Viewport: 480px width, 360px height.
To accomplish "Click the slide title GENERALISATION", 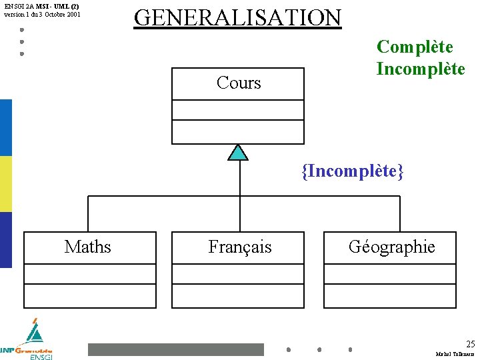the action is pos(237,17).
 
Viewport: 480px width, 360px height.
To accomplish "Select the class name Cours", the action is pos(239,83).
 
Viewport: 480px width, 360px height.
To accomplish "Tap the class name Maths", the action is pos(88,247).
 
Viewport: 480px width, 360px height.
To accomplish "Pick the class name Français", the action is pos(240,247).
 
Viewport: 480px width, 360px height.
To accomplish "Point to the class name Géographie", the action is pos(391,247).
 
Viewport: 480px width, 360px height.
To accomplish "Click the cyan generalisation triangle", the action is pos(238,153).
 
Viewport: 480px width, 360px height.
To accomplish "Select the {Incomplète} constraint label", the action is pos(353,171).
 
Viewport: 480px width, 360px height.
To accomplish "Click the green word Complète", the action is pos(415,47).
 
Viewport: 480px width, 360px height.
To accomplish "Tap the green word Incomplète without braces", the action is pos(421,69).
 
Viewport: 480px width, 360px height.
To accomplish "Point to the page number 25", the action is pos(471,344).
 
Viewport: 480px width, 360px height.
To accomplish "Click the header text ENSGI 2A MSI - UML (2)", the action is pos(41,5).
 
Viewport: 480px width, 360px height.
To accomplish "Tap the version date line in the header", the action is pos(42,14).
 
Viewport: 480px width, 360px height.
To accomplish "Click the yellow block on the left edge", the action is pos(6,184).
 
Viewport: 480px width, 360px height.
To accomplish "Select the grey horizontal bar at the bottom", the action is pos(176,349).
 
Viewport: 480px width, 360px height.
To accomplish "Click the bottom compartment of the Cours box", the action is pos(238,131).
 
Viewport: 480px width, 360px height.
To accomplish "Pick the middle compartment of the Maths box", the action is pos(90,274).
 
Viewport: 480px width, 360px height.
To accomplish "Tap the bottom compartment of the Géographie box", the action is pos(390,295).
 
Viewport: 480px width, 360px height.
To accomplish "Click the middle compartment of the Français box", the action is pos(238,274).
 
